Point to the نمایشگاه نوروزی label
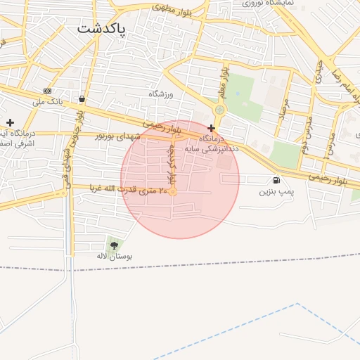click(x=266, y=4)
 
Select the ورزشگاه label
click(x=160, y=94)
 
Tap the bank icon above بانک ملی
click(x=47, y=91)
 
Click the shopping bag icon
click(x=83, y=99)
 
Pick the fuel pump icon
click(x=276, y=179)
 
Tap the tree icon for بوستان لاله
click(x=114, y=245)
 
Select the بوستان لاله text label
click(x=114, y=257)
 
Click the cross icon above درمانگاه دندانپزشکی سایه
click(x=212, y=128)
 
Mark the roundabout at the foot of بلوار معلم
click(x=220, y=110)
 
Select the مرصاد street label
click(x=284, y=105)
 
